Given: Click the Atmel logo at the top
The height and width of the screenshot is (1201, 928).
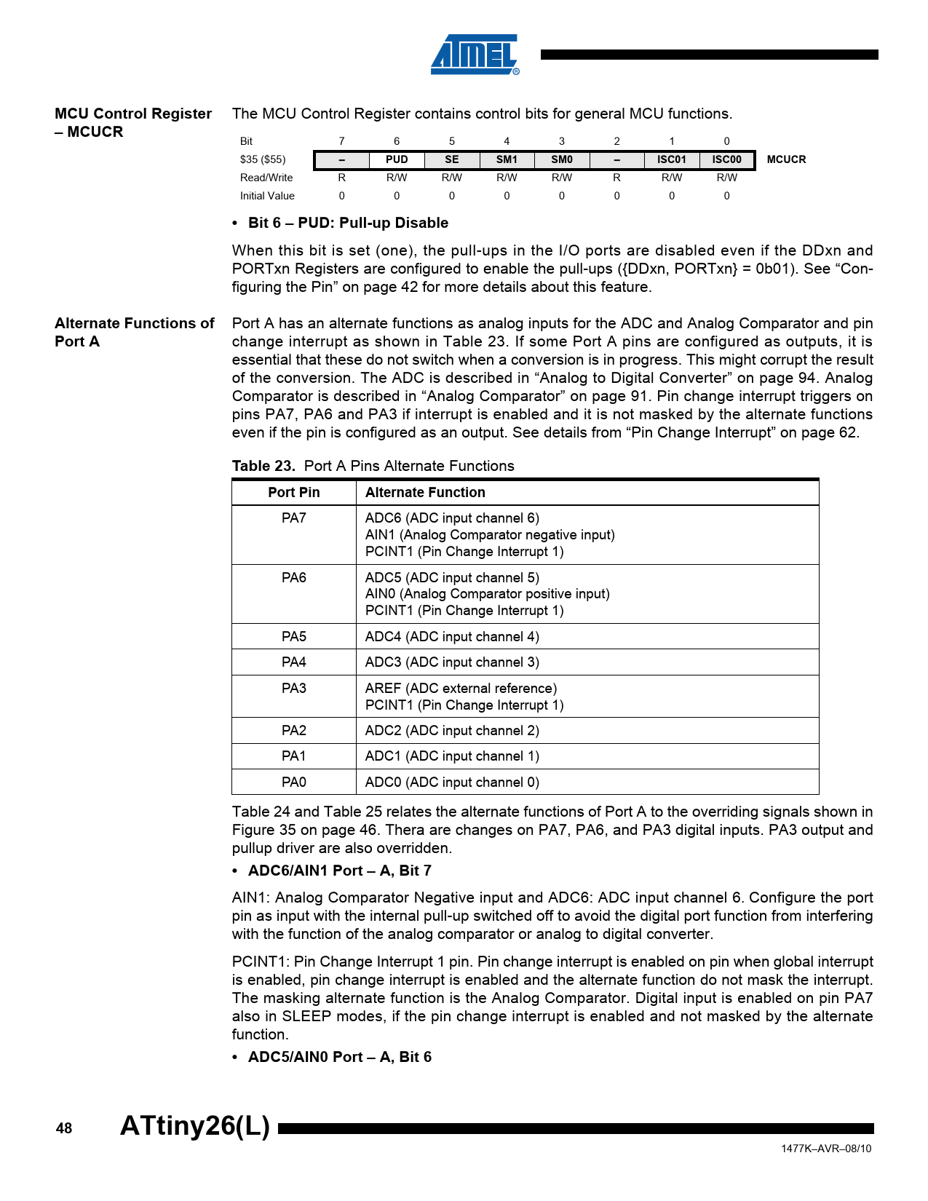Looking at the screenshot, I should click(475, 55).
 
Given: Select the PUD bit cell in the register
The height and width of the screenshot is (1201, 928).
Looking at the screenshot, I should click(397, 159).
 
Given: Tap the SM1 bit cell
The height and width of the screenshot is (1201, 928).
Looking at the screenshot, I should click(507, 159).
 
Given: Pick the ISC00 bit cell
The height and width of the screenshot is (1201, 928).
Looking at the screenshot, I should click(726, 159).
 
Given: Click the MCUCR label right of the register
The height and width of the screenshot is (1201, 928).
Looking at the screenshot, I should click(786, 159).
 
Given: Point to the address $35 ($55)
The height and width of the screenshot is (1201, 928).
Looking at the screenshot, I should click(263, 159).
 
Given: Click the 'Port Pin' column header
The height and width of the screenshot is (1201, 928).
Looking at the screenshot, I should click(293, 493).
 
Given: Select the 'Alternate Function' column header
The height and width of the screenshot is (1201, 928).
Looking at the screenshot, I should click(425, 493).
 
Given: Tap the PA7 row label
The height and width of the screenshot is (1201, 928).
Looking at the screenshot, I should click(293, 518).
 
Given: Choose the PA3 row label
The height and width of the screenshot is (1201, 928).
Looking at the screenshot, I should click(293, 689).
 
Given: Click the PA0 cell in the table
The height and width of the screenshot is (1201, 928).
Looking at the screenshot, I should click(293, 782).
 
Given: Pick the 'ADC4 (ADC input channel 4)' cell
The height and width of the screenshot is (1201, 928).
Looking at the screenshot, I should click(452, 637).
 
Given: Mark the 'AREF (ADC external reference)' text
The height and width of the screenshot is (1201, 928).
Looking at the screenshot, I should click(461, 689).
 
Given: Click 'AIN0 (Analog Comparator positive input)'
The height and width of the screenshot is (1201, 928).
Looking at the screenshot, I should click(487, 594).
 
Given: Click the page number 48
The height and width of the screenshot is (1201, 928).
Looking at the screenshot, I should click(64, 1128).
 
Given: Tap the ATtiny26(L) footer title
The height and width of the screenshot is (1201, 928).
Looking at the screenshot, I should click(195, 1126).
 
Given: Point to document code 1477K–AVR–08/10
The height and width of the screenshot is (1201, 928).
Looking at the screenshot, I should click(826, 1149).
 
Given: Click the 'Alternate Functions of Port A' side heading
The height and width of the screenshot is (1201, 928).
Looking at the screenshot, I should click(134, 332).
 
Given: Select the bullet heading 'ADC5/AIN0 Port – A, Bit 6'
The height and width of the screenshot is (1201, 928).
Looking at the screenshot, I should click(339, 1057).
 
